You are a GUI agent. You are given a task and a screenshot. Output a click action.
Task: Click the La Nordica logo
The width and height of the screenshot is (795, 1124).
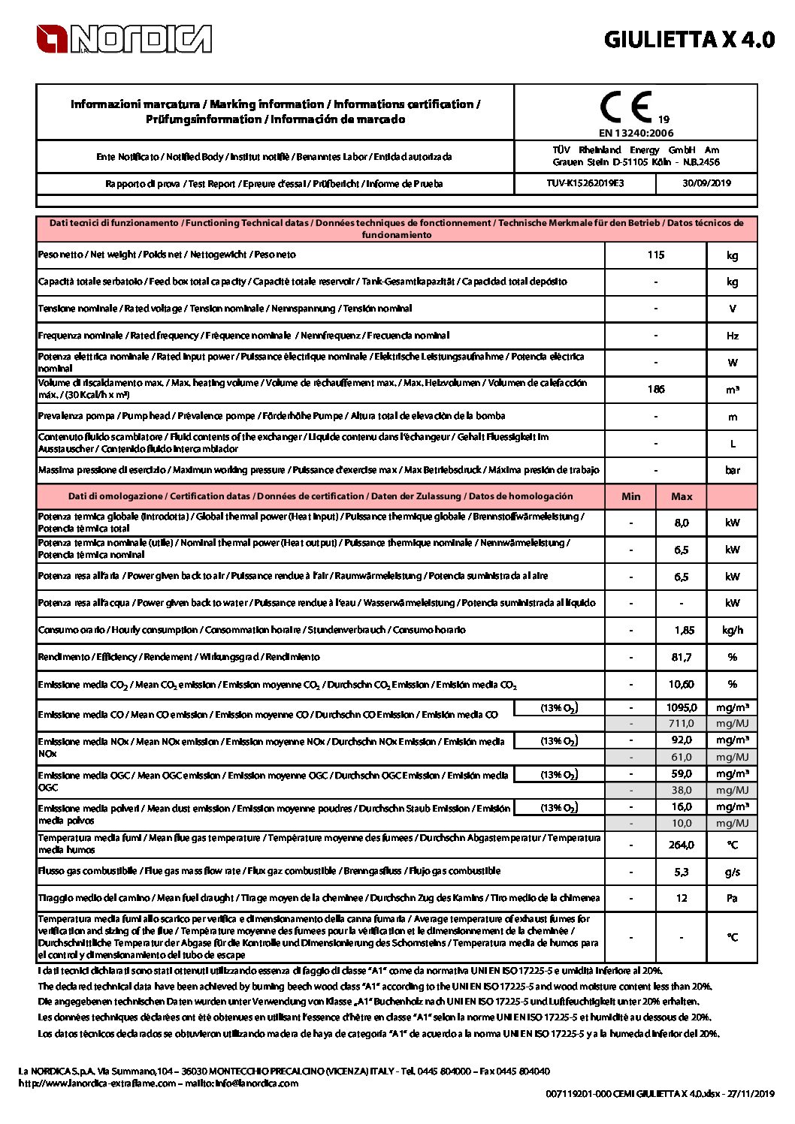(x=124, y=39)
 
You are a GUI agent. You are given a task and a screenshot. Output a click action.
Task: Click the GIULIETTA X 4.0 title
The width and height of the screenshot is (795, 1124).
(x=688, y=40)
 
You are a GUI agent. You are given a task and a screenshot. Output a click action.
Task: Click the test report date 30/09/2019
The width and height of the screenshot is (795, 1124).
(x=706, y=183)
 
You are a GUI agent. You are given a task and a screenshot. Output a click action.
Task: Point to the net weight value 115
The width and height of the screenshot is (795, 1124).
(x=655, y=255)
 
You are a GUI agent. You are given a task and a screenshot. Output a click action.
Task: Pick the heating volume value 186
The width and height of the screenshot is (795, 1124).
(x=655, y=389)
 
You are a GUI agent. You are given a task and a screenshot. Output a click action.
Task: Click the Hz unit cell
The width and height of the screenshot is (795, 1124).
(x=732, y=336)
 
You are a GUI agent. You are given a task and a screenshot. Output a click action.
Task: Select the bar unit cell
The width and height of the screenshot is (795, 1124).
(x=732, y=470)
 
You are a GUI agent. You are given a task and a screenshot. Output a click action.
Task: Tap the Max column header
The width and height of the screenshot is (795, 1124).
(x=682, y=496)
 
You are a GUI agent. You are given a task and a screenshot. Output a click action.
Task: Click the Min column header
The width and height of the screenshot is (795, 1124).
(x=631, y=496)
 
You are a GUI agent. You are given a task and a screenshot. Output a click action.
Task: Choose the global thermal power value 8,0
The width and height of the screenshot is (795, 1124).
(x=682, y=523)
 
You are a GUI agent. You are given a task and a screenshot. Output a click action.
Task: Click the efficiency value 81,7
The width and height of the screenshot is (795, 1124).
(x=682, y=657)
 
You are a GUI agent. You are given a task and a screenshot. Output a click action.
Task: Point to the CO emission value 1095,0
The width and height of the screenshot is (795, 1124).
(x=682, y=707)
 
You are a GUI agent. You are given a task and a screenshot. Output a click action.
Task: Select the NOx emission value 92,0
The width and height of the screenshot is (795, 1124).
(x=682, y=740)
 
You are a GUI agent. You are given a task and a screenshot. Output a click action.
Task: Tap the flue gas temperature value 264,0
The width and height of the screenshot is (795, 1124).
(x=682, y=845)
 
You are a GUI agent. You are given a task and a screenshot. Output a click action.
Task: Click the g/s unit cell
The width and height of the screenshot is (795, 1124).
(x=732, y=872)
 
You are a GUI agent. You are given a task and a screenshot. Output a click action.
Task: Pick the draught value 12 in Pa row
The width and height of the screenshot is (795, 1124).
(x=682, y=898)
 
